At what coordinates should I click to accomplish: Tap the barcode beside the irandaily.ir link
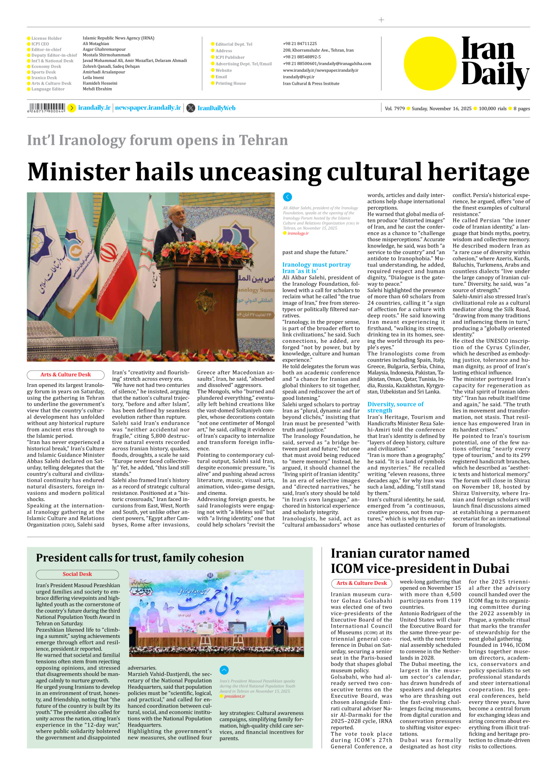(x=46, y=107)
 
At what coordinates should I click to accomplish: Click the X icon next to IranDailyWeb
(x=191, y=108)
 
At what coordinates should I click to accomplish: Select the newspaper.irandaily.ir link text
(x=148, y=108)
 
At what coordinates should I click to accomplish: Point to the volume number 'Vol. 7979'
(x=395, y=108)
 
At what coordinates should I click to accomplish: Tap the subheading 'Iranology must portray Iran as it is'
(x=316, y=267)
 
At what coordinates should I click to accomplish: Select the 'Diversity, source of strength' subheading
(x=395, y=407)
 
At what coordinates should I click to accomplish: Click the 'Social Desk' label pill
(x=77, y=574)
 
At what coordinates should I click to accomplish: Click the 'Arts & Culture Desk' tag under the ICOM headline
(x=361, y=583)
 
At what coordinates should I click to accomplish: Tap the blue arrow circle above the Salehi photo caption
(x=287, y=197)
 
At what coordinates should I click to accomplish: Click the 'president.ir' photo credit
(x=234, y=696)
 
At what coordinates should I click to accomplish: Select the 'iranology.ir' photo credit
(x=298, y=233)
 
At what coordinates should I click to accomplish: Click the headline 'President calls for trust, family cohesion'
(x=140, y=558)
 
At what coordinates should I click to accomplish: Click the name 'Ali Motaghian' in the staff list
(x=96, y=44)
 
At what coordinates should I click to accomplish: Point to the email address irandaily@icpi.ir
(x=299, y=77)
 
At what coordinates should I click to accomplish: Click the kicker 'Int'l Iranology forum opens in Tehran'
(x=157, y=140)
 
